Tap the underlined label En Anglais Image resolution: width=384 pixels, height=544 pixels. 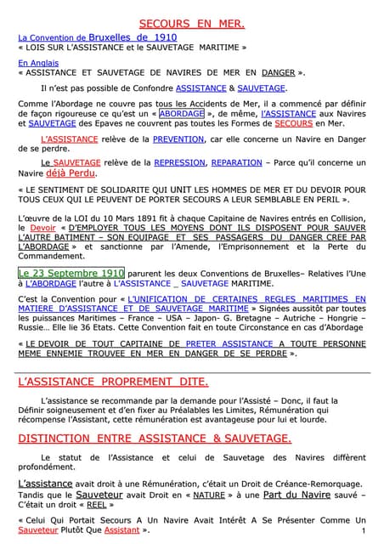coord(35,63)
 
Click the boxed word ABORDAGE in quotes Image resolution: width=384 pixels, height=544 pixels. coord(182,113)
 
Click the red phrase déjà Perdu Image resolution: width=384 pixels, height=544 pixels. coord(71,173)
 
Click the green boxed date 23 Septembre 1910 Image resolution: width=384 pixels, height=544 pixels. coord(71,274)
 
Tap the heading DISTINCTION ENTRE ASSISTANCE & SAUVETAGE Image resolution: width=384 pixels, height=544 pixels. coord(155,439)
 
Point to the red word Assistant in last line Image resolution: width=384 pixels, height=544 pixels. coord(121,530)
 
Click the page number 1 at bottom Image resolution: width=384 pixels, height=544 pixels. coord(363,530)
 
